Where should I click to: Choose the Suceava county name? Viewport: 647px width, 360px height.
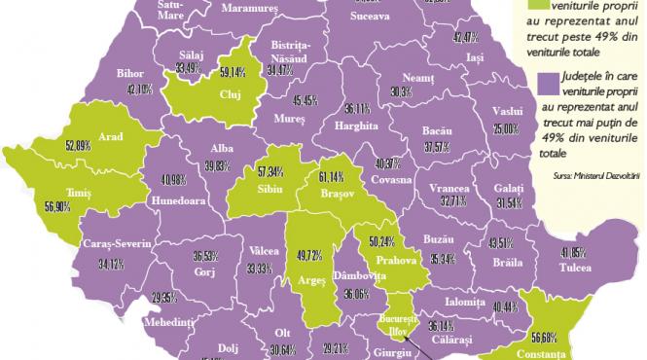(x=367, y=17)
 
